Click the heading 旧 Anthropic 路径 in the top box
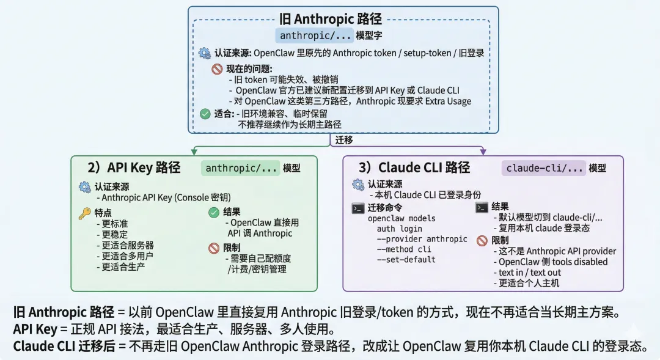(330, 18)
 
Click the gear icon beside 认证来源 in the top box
(205, 53)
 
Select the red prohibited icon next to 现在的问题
(216, 69)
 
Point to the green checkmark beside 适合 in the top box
(205, 113)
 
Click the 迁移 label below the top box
(344, 139)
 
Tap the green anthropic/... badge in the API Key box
(241, 168)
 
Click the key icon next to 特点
(84, 213)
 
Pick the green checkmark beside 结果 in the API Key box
(213, 212)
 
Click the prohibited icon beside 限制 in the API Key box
(213, 248)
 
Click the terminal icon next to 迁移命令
(358, 208)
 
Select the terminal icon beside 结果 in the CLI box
(482, 207)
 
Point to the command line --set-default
(406, 260)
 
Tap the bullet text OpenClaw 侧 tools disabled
(553, 262)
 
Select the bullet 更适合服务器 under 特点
(128, 245)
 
